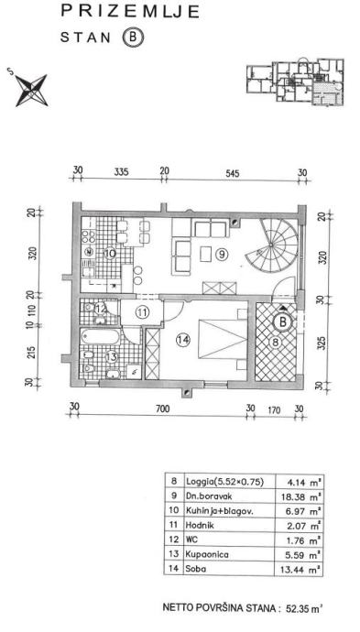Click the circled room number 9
pyautogui.click(x=222, y=254)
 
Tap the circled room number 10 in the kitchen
pyautogui.click(x=110, y=254)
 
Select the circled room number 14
pyautogui.click(x=182, y=341)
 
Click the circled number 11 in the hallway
pyautogui.click(x=142, y=311)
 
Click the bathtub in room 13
pyautogui.click(x=100, y=336)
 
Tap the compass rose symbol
pyautogui.click(x=30, y=90)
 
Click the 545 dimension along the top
pyautogui.click(x=233, y=174)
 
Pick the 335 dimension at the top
pyautogui.click(x=121, y=172)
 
